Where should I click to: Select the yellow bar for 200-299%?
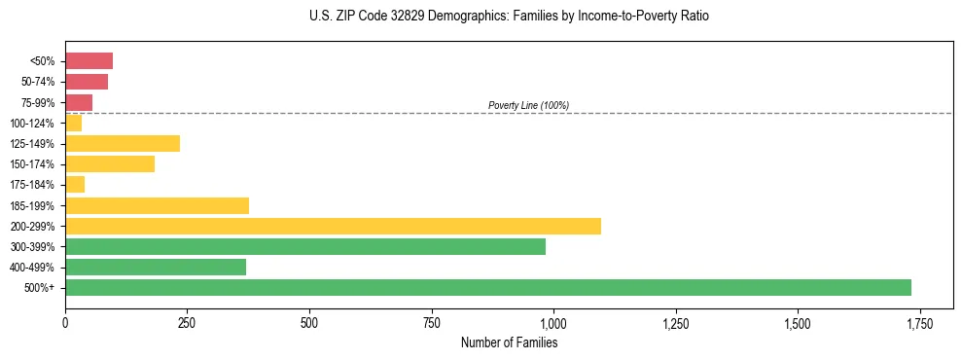pos(333,227)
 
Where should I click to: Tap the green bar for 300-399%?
pos(305,247)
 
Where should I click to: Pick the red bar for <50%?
pos(89,61)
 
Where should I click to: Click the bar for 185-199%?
pos(157,205)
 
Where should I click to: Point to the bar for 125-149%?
pos(123,144)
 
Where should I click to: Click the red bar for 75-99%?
pos(79,102)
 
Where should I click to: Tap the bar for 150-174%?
pos(110,164)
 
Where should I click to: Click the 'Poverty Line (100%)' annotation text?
pos(528,105)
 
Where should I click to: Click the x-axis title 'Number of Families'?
pos(509,342)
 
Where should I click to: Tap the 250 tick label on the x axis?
pos(187,323)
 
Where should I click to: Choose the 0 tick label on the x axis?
pos(65,323)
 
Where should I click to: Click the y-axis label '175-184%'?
pos(32,185)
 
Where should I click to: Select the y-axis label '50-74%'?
pos(37,82)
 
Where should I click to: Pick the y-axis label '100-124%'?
pos(32,124)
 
